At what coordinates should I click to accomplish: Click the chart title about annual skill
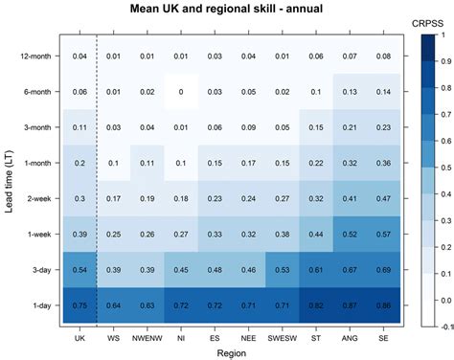(226, 9)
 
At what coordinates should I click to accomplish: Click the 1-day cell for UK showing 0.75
(79, 306)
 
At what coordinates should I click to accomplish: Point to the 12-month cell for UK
(79, 56)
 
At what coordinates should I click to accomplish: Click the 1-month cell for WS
(112, 163)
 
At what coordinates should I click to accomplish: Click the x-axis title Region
(226, 352)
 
